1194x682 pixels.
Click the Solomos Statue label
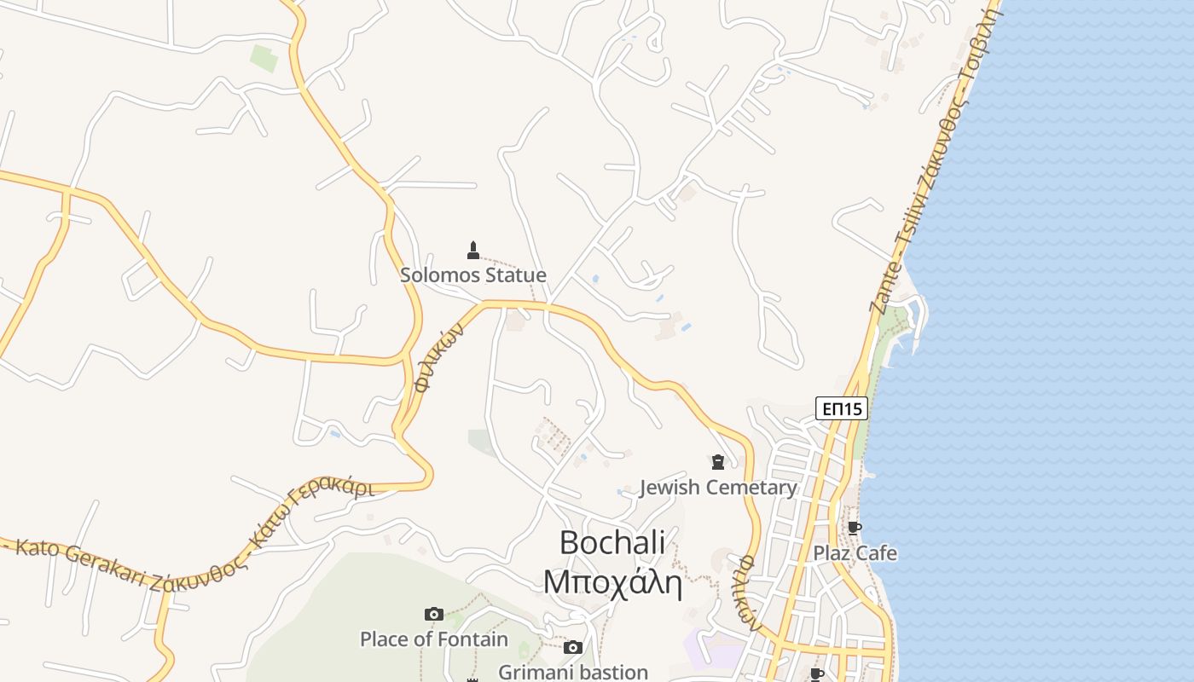pyautogui.click(x=473, y=275)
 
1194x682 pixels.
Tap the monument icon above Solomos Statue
pyautogui.click(x=473, y=250)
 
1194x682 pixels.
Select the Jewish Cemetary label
pyautogui.click(x=718, y=488)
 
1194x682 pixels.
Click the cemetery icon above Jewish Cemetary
pyautogui.click(x=718, y=462)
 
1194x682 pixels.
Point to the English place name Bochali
pyautogui.click(x=612, y=543)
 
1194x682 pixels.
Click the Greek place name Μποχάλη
pyautogui.click(x=612, y=582)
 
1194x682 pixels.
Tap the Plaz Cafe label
pyautogui.click(x=855, y=553)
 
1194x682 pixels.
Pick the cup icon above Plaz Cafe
pyautogui.click(x=855, y=528)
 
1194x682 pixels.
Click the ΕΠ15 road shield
pyautogui.click(x=842, y=409)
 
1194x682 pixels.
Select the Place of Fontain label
pyautogui.click(x=433, y=639)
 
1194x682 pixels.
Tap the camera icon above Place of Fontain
pyautogui.click(x=433, y=614)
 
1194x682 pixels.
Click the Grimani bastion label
pyautogui.click(x=573, y=672)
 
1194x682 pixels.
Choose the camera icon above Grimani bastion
pyautogui.click(x=573, y=648)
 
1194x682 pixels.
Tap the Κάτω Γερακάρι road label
pyautogui.click(x=312, y=517)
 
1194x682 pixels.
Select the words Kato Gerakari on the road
pyautogui.click(x=81, y=563)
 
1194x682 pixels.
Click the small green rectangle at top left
pyautogui.click(x=264, y=59)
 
